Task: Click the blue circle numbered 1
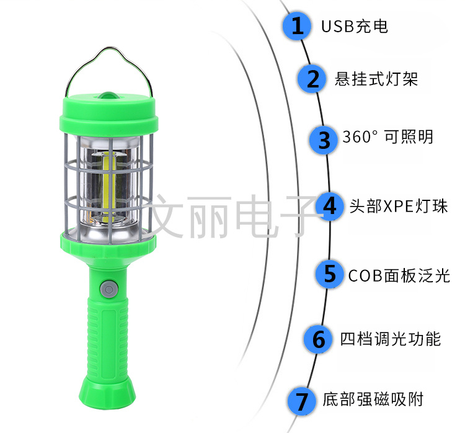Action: click(297, 26)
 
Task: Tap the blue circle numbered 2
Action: click(312, 79)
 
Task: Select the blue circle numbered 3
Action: click(324, 140)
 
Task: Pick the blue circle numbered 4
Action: click(329, 206)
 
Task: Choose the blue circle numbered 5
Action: click(329, 274)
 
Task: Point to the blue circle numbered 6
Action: click(318, 339)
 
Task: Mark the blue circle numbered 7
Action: click(301, 401)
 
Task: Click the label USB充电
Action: click(355, 27)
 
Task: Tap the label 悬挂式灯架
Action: click(376, 79)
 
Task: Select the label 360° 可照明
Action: click(388, 137)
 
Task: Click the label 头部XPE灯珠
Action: click(399, 206)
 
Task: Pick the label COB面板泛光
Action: click(399, 275)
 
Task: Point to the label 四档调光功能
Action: click(391, 339)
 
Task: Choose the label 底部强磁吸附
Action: click(373, 399)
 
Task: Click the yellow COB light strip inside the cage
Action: click(109, 187)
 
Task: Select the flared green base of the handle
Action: click(107, 392)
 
